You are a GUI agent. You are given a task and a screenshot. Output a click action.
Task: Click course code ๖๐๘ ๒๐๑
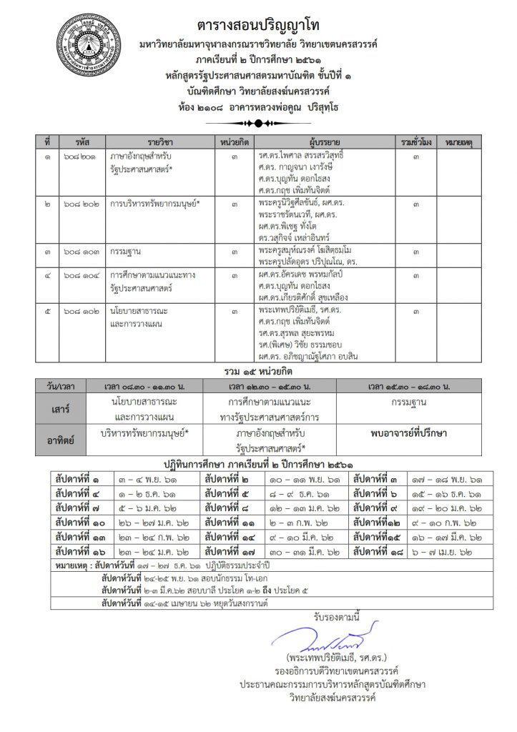[81, 155]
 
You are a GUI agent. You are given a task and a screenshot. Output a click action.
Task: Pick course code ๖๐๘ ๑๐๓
[81, 252]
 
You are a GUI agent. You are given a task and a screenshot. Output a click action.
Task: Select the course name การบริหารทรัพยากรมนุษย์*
[154, 204]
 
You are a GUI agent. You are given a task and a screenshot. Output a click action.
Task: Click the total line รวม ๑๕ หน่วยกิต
[257, 372]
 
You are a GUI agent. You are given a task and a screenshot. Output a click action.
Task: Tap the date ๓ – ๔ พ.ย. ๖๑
[151, 479]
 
